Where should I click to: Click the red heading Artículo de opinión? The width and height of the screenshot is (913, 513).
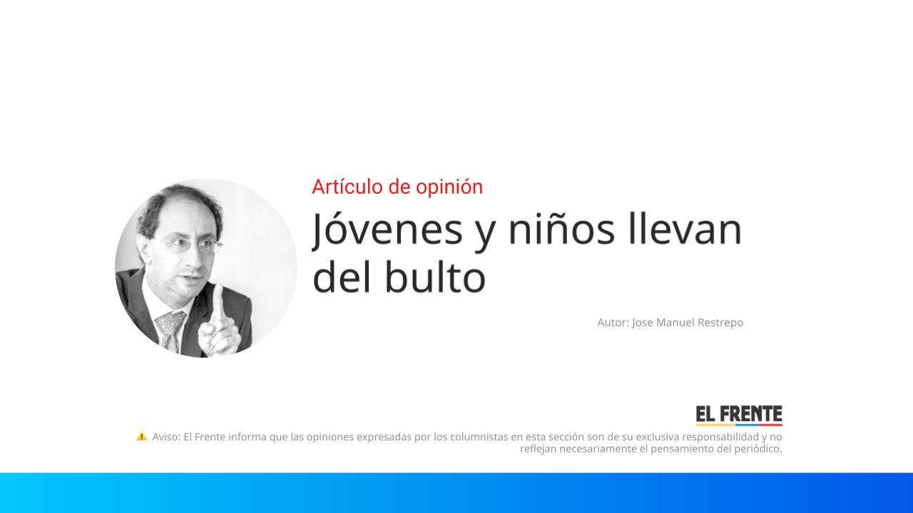point(397,187)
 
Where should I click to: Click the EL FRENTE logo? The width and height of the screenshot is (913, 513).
point(739,415)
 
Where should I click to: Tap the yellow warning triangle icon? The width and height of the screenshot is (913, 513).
point(142,436)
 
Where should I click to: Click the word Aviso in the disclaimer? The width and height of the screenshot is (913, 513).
point(166,437)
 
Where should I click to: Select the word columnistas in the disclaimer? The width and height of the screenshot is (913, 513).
point(478,437)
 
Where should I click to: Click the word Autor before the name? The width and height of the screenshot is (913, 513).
point(613,323)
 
